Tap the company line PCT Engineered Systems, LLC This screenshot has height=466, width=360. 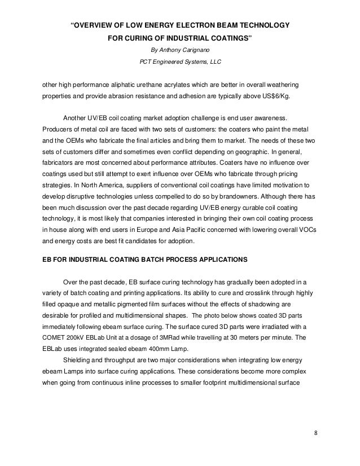click(x=179, y=61)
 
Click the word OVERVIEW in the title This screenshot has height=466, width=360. click(x=98, y=25)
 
